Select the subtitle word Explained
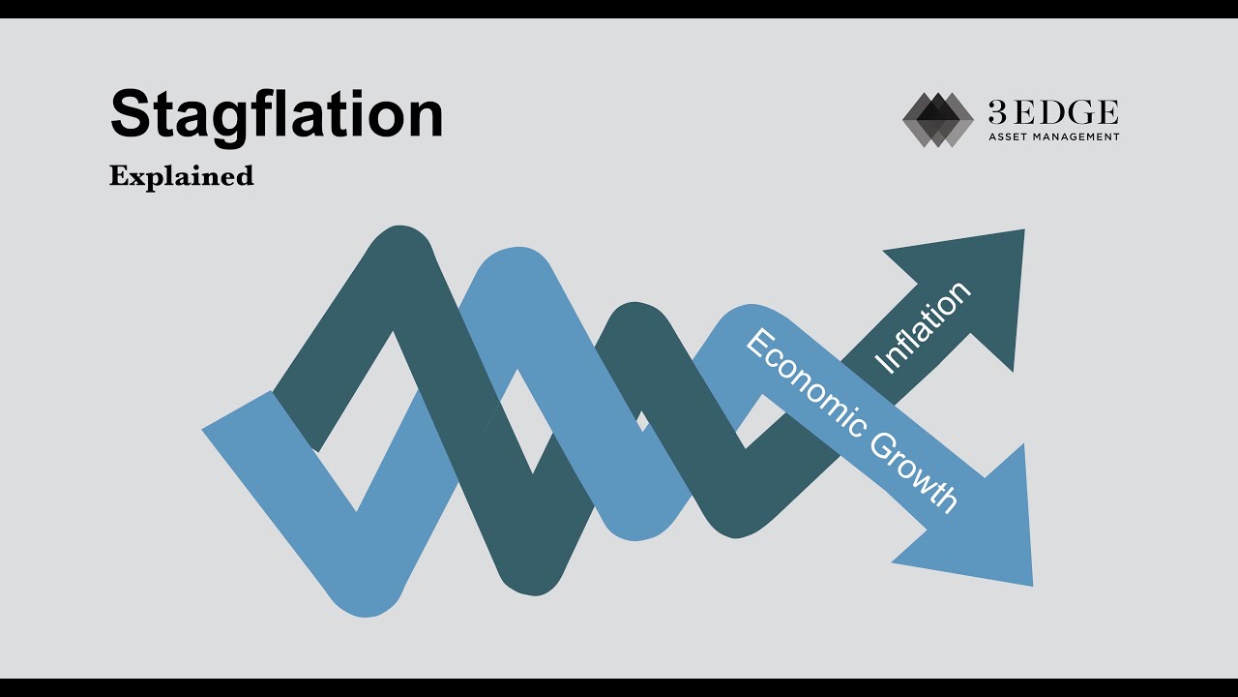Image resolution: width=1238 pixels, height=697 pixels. point(181,176)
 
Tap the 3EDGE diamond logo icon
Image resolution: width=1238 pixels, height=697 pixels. point(937,120)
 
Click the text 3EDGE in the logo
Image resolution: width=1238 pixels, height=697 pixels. point(1052,112)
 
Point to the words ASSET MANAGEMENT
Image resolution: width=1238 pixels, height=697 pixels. point(1053,137)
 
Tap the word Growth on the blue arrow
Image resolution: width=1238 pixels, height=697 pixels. point(913,470)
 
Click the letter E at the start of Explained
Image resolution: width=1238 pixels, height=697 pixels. point(118,176)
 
